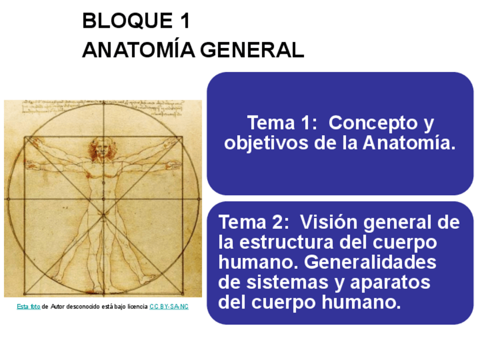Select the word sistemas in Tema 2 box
(x=288, y=282)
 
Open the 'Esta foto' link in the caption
(x=28, y=306)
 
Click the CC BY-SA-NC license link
(x=169, y=306)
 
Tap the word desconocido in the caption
(x=84, y=306)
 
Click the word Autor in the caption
(x=57, y=306)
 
